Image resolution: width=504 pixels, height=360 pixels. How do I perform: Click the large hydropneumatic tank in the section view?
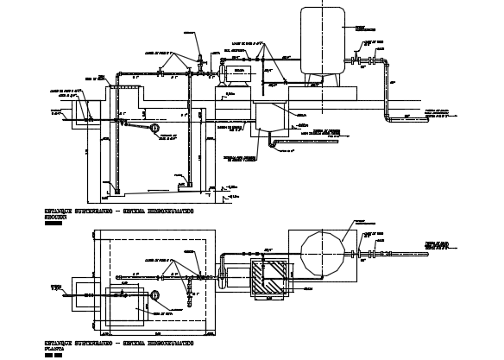[322, 40]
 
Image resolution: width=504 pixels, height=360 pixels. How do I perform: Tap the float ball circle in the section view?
[154, 129]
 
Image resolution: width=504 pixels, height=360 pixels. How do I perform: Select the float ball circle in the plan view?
[154, 295]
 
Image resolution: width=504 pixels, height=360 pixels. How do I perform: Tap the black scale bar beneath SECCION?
[54, 224]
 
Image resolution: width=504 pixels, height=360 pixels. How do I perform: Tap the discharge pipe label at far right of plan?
[441, 247]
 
